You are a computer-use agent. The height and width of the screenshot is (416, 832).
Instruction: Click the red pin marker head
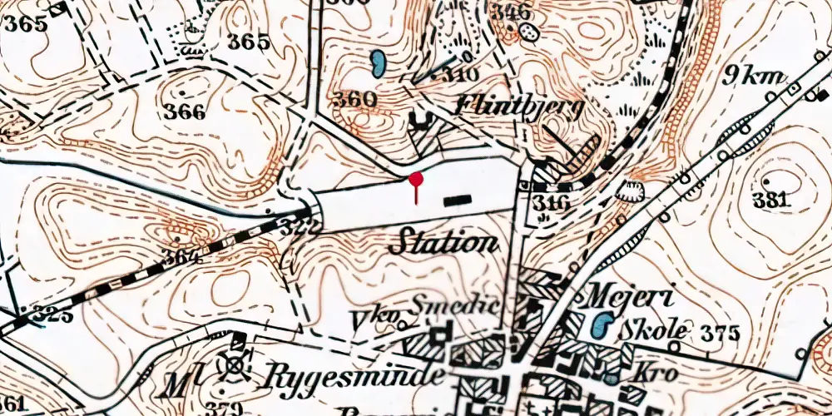click(x=416, y=178)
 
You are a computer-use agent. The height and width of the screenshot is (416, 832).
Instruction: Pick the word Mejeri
click(x=624, y=295)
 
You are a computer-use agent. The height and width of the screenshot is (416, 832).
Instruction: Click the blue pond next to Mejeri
click(x=602, y=325)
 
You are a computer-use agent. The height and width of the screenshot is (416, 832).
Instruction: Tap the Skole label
click(x=654, y=330)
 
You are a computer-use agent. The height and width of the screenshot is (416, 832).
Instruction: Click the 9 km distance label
click(x=755, y=77)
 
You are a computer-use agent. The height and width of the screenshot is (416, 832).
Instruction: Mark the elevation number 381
click(x=770, y=199)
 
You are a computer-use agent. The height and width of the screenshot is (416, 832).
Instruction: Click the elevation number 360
click(x=354, y=100)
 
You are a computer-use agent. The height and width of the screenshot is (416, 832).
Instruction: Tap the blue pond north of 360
click(x=377, y=63)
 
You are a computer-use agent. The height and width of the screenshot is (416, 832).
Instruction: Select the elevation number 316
click(x=553, y=203)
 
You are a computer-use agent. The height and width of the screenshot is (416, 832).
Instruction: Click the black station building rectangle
click(x=457, y=199)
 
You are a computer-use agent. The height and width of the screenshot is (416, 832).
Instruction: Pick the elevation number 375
click(x=720, y=334)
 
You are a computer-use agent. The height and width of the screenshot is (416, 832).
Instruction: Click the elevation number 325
click(x=52, y=315)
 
